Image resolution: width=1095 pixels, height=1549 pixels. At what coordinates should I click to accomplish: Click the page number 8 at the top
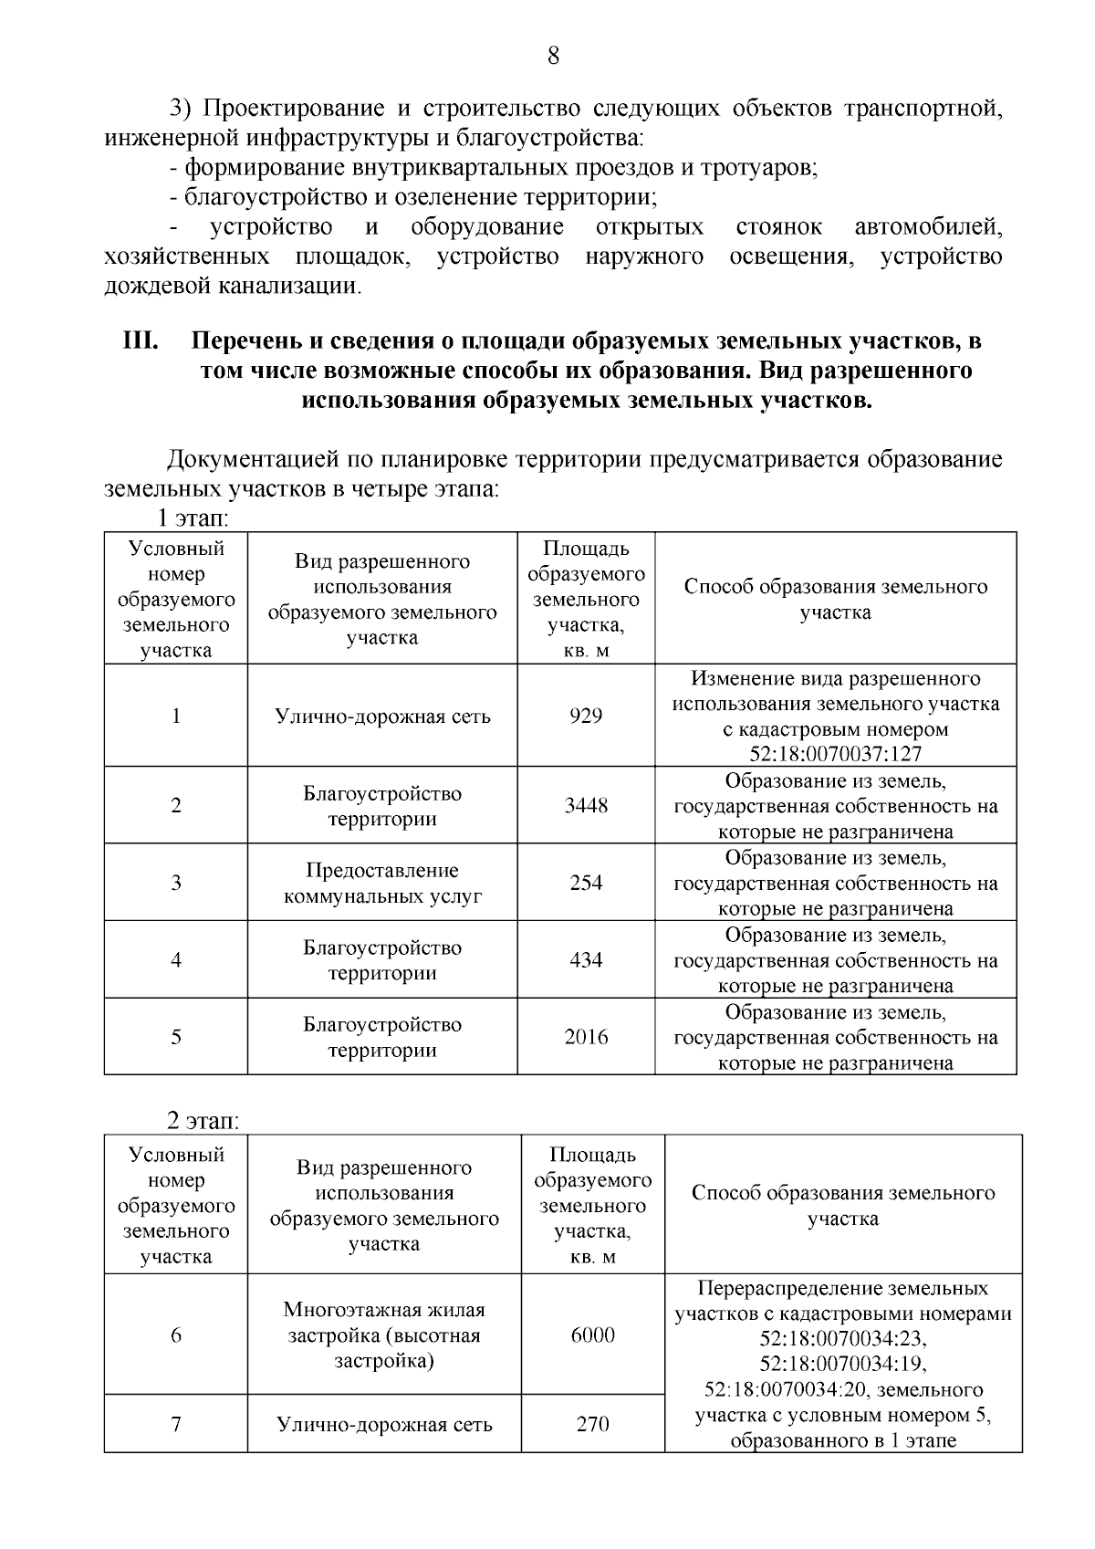click(x=553, y=57)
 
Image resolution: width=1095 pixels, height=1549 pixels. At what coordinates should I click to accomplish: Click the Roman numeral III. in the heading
click(x=141, y=341)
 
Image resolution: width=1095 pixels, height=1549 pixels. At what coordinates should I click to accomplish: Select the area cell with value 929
click(x=586, y=716)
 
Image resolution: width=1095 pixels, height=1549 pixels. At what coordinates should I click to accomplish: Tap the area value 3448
click(x=586, y=806)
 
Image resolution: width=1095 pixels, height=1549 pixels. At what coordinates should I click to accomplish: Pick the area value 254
click(x=586, y=883)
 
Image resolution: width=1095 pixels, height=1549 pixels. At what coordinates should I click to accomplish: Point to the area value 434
click(x=586, y=960)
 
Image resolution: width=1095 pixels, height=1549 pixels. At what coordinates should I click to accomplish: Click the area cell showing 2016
click(x=586, y=1037)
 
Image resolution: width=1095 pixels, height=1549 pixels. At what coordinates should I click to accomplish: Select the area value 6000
click(x=593, y=1335)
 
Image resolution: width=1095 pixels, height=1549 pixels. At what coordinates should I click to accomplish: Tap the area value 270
click(x=593, y=1424)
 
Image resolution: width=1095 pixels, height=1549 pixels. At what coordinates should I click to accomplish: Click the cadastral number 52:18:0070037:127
click(x=835, y=754)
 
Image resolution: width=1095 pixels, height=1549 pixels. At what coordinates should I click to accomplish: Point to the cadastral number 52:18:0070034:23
click(x=842, y=1339)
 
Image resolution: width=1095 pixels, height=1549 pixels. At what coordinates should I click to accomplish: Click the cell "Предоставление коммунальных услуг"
click(x=382, y=883)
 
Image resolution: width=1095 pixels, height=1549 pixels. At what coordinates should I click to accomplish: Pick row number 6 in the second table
click(x=176, y=1335)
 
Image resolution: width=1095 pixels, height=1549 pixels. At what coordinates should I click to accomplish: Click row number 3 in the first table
click(x=176, y=883)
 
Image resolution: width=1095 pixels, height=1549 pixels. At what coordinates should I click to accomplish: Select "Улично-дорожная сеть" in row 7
click(x=384, y=1424)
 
